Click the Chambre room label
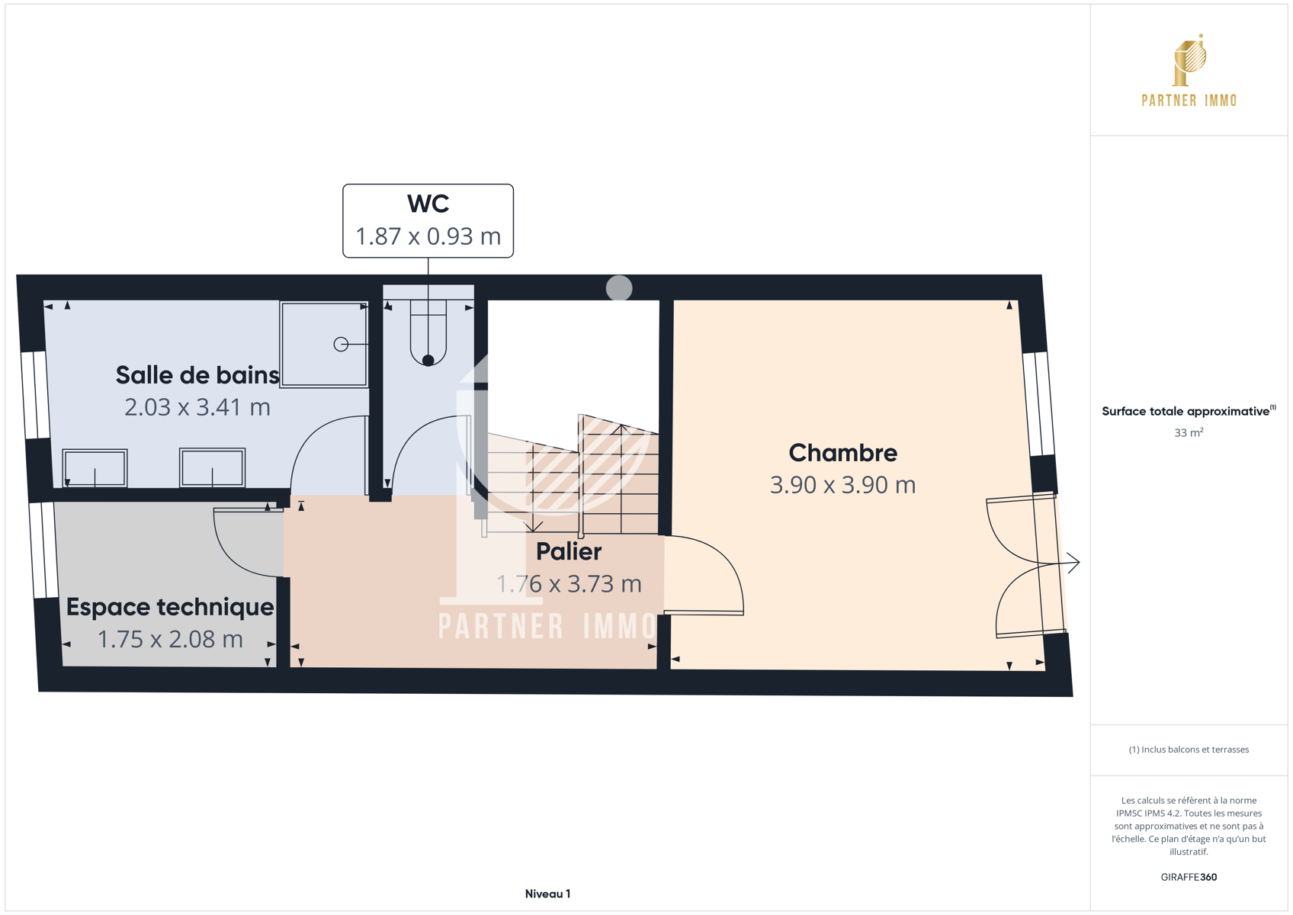842,453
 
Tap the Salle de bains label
197,375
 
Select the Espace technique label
170,607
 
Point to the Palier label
569,552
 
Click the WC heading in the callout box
428,204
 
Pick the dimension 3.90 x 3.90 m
842,486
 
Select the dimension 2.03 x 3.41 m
197,408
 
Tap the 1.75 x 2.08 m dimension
170,640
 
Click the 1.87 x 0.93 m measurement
428,236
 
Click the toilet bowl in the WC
428,335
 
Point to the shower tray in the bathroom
324,344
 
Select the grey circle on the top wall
619,288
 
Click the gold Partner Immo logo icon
1189,60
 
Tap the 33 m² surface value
1189,433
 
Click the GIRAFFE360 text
1189,877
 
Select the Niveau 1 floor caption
547,894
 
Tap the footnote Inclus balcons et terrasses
1189,750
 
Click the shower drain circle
341,344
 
